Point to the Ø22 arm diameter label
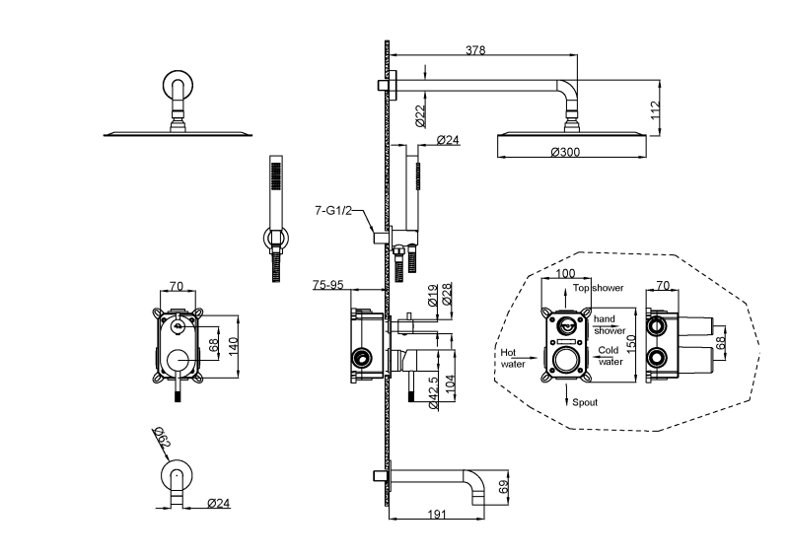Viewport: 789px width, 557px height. click(x=419, y=116)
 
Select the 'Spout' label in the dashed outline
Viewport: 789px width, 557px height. click(x=585, y=402)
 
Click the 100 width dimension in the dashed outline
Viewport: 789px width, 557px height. click(x=565, y=273)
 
